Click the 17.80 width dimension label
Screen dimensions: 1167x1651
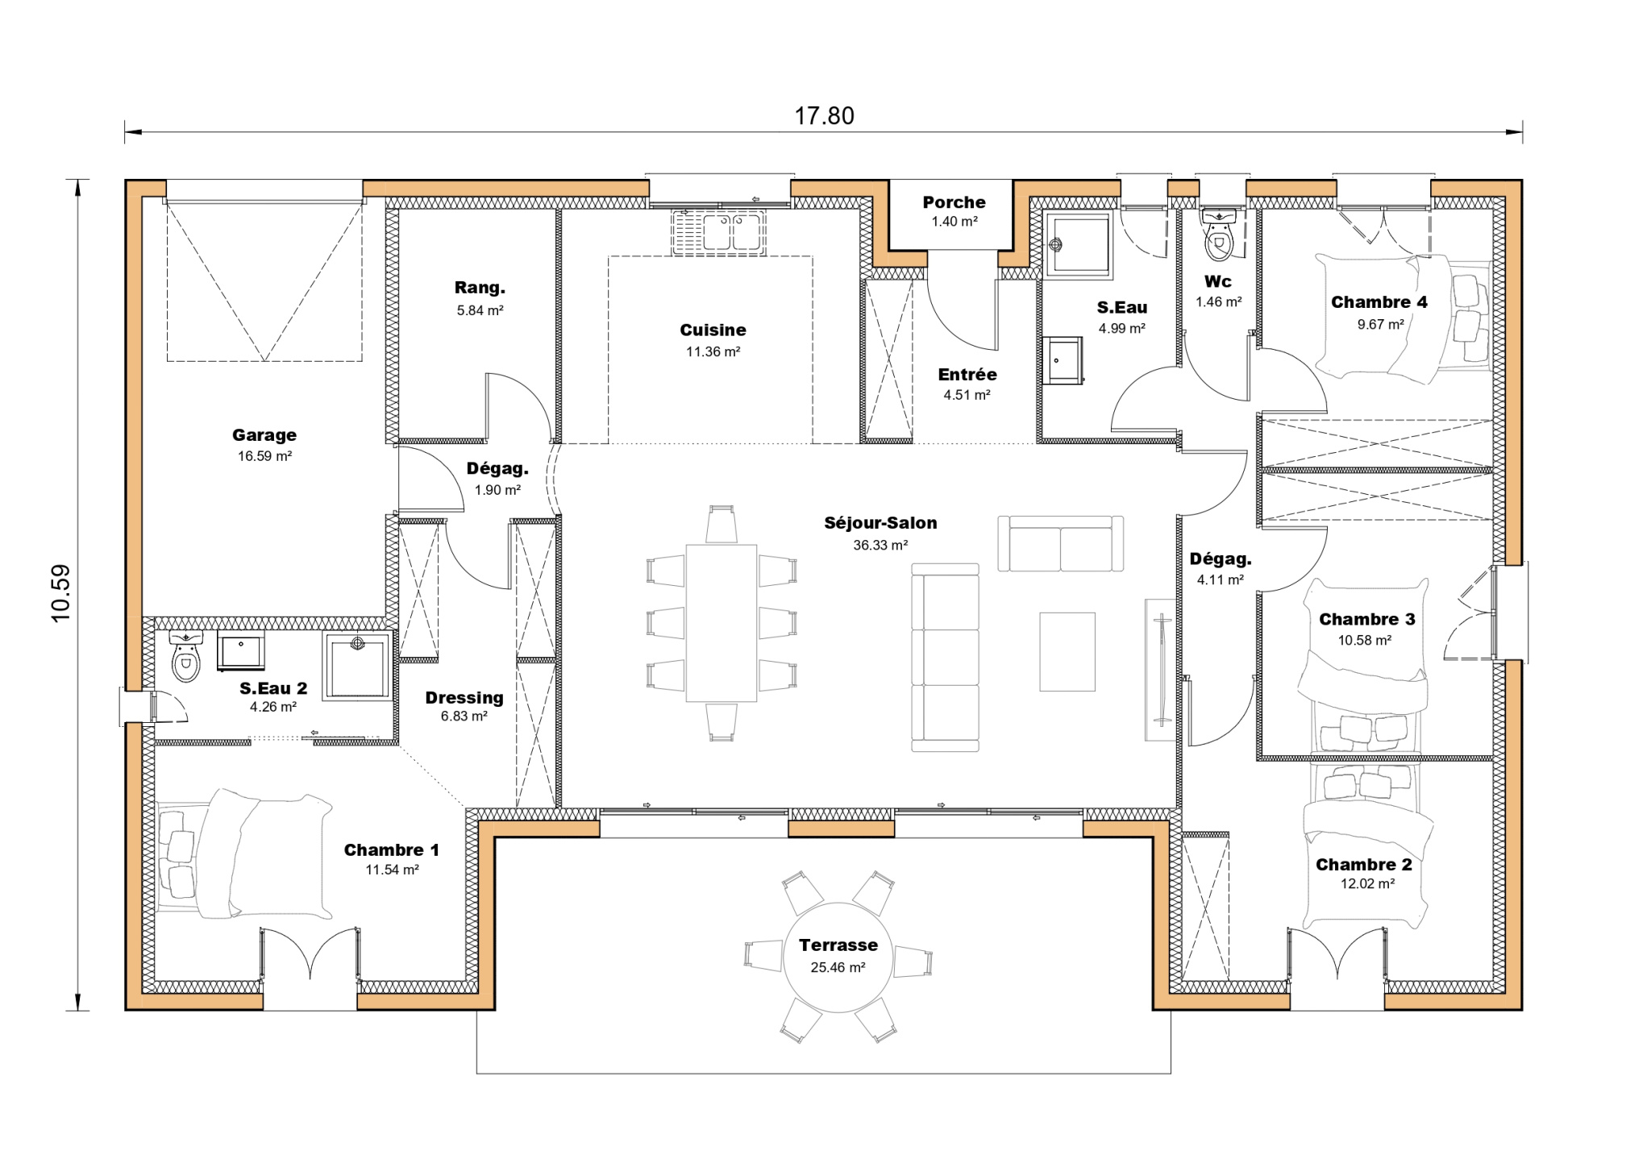824,116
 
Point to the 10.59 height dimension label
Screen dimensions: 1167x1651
61,593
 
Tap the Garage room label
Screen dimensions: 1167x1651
264,435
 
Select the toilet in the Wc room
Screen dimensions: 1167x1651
1219,235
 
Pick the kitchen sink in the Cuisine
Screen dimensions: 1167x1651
718,232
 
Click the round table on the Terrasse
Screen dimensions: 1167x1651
838,957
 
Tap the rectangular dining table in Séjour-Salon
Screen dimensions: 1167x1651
721,623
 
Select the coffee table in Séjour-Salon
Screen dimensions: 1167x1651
1067,651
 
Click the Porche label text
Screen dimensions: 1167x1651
954,202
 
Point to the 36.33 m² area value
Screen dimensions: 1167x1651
880,546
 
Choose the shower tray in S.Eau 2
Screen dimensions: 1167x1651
357,666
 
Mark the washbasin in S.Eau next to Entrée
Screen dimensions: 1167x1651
1063,360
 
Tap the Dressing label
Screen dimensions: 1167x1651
464,698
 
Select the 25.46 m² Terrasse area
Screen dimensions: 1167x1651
838,968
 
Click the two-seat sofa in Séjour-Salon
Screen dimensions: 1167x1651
1060,545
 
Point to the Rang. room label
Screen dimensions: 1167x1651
480,288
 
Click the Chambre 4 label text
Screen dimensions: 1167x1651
1379,302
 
